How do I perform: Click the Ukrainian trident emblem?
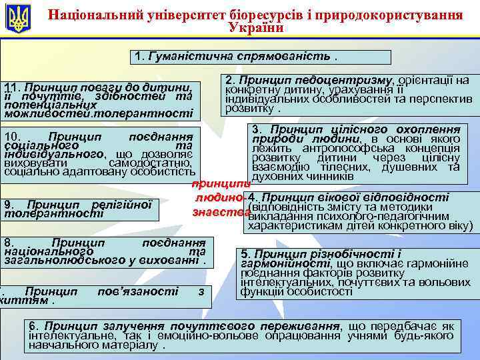pos(18,18)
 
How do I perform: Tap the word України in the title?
pos(256,28)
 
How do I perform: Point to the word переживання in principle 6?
pos(299,326)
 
